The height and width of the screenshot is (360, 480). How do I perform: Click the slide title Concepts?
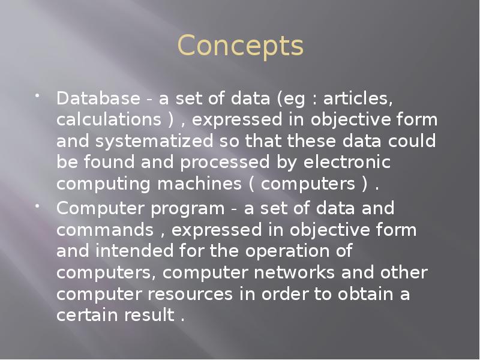tap(241, 47)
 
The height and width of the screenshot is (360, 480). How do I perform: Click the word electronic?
tap(349, 163)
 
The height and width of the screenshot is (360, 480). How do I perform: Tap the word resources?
tap(214, 295)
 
